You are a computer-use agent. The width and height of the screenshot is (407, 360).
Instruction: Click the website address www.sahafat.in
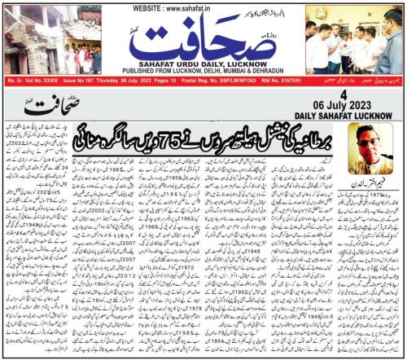(203, 7)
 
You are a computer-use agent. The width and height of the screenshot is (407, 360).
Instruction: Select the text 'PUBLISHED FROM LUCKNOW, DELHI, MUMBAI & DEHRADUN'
(203, 68)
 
